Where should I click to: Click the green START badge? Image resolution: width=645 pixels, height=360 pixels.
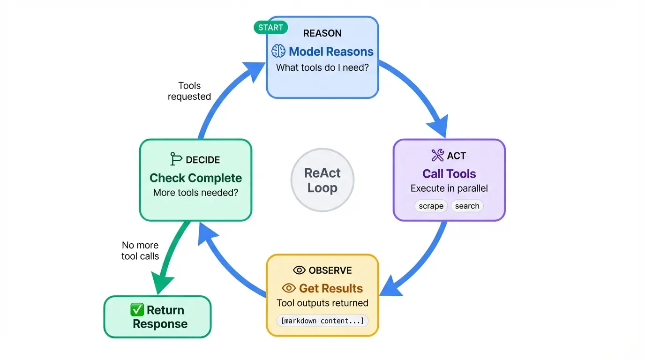270,28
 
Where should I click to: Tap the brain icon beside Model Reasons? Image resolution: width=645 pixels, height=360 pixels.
278,52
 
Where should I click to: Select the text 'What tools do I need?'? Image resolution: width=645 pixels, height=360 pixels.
322,67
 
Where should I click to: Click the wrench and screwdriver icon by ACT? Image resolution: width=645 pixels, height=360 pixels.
437,156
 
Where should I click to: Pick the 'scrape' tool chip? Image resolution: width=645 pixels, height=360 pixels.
431,206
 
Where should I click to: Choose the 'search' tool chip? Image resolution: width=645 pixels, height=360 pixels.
467,206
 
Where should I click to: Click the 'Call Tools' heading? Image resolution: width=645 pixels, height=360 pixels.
449,174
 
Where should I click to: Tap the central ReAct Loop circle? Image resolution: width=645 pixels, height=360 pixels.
322,180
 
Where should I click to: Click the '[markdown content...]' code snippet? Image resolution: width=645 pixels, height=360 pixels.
322,321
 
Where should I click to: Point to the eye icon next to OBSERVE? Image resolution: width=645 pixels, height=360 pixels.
299,270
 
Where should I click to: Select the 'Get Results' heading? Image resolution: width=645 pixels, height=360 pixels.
331,288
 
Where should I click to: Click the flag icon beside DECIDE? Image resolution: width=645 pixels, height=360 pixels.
176,159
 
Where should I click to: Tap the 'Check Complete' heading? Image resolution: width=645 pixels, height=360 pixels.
195,178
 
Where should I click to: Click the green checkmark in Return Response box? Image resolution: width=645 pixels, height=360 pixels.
137,310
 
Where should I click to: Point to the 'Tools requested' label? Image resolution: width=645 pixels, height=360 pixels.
189,91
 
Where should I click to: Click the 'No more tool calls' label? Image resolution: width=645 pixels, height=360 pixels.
140,251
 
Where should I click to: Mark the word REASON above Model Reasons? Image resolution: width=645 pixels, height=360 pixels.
322,33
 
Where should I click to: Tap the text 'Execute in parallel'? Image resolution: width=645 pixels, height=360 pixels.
449,188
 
